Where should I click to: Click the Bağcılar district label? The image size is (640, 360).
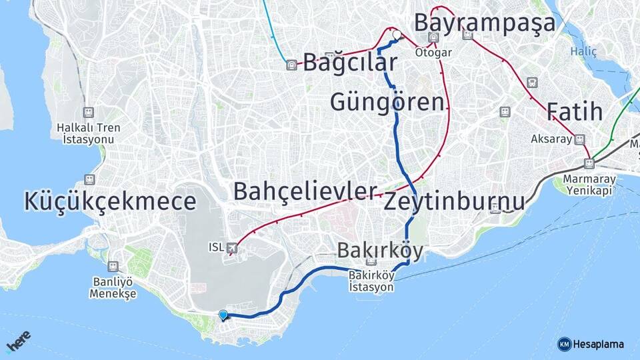[351, 63]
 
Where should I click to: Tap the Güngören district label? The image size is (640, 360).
[387, 102]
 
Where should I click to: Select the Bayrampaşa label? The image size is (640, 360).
[485, 22]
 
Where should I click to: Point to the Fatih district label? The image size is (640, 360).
[575, 111]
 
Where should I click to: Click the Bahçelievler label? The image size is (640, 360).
[305, 191]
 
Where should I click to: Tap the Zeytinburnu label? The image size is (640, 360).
[454, 201]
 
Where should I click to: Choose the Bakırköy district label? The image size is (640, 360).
[380, 251]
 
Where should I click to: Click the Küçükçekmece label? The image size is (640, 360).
[110, 201]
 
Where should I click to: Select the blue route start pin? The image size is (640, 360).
[223, 315]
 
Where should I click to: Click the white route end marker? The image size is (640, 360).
[397, 35]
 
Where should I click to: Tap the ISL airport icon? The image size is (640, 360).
[232, 248]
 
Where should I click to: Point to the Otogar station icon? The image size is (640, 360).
[434, 39]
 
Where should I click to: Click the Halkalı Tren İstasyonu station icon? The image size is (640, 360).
[88, 113]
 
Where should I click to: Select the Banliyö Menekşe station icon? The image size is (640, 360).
[113, 267]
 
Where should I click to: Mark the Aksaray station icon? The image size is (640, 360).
[579, 139]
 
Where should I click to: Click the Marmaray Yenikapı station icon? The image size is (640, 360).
[589, 163]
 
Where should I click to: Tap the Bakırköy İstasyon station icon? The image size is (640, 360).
[371, 262]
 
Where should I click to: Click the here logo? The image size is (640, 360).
[18, 342]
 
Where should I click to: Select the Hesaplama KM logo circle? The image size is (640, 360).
[564, 344]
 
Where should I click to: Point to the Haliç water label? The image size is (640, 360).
[584, 51]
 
